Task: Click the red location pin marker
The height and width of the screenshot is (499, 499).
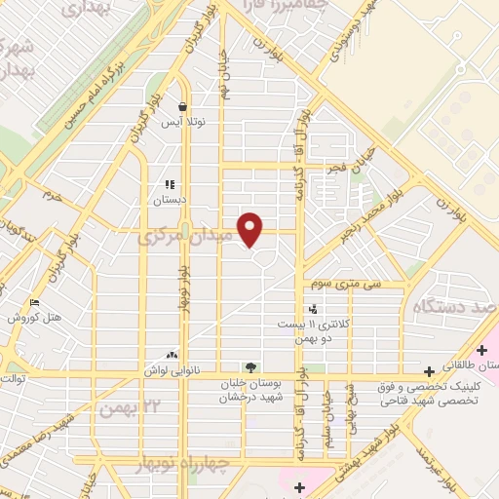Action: click(250, 229)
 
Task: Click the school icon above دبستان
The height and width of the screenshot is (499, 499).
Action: click(169, 183)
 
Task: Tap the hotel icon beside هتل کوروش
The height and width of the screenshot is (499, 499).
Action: click(35, 302)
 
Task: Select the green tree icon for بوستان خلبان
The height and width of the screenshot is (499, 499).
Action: click(250, 367)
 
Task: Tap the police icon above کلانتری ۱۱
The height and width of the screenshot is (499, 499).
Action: click(312, 309)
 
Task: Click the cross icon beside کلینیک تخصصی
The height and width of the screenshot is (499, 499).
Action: click(429, 371)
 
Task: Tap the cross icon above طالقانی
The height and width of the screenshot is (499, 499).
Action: click(482, 350)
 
